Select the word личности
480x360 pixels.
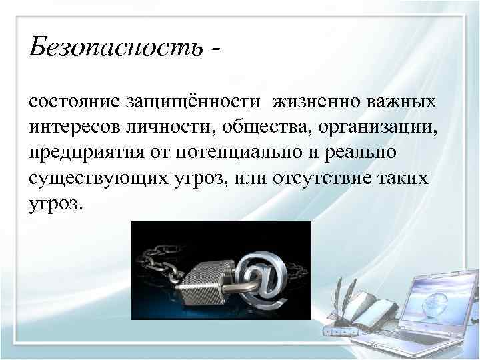pos(169,126)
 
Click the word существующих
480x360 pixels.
pos(93,177)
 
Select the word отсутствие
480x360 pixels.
pos(320,177)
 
